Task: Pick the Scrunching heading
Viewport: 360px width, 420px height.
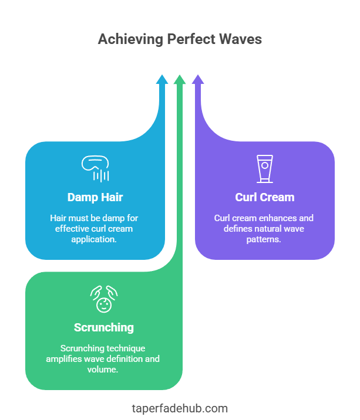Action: click(x=103, y=327)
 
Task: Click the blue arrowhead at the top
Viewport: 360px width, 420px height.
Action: click(x=162, y=80)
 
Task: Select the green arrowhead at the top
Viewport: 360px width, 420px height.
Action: click(x=180, y=80)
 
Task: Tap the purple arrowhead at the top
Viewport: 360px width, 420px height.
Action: click(x=198, y=80)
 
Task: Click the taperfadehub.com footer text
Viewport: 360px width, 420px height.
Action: click(x=180, y=408)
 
